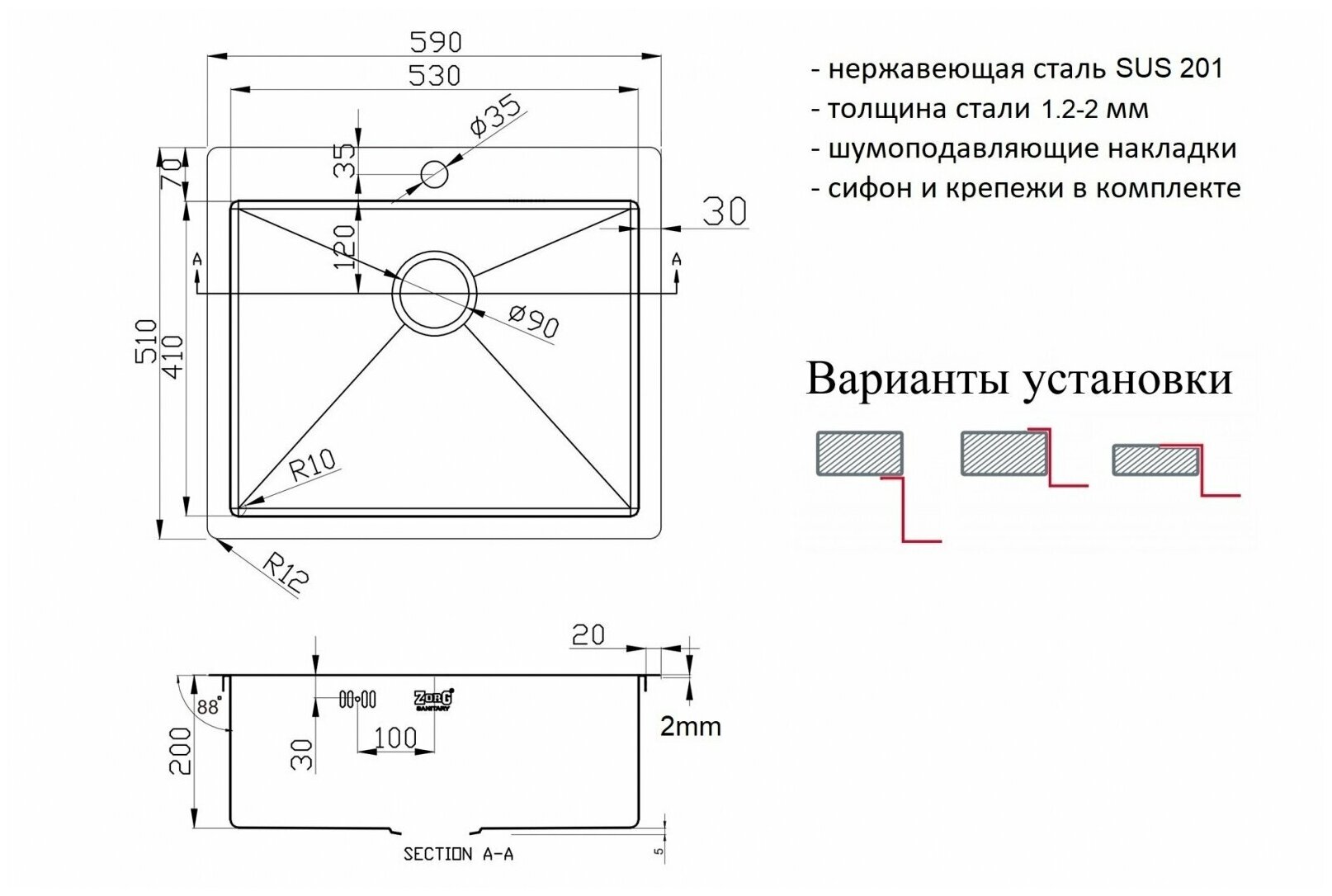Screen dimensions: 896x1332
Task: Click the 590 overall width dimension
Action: point(435,41)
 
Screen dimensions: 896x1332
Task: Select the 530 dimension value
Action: point(435,76)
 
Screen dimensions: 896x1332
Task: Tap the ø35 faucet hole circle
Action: point(434,174)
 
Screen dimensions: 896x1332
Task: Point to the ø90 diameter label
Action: point(533,321)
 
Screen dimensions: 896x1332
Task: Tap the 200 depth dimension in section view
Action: point(180,751)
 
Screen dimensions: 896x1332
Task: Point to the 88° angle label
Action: point(210,707)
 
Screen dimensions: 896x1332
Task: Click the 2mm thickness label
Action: point(690,727)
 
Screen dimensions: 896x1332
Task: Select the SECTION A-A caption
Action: point(458,854)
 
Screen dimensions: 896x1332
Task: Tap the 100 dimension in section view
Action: point(395,736)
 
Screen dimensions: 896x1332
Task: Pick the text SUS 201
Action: point(1169,68)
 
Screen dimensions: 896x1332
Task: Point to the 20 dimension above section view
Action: point(588,634)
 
